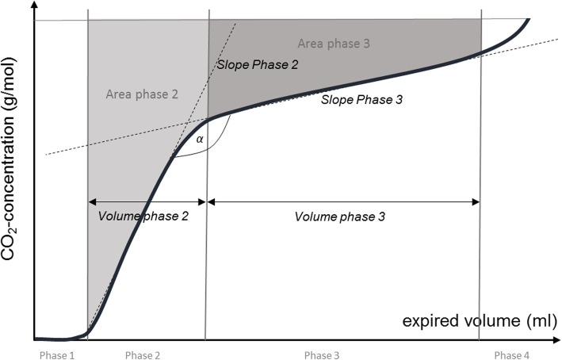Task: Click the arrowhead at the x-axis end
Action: pyautogui.click(x=556, y=339)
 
